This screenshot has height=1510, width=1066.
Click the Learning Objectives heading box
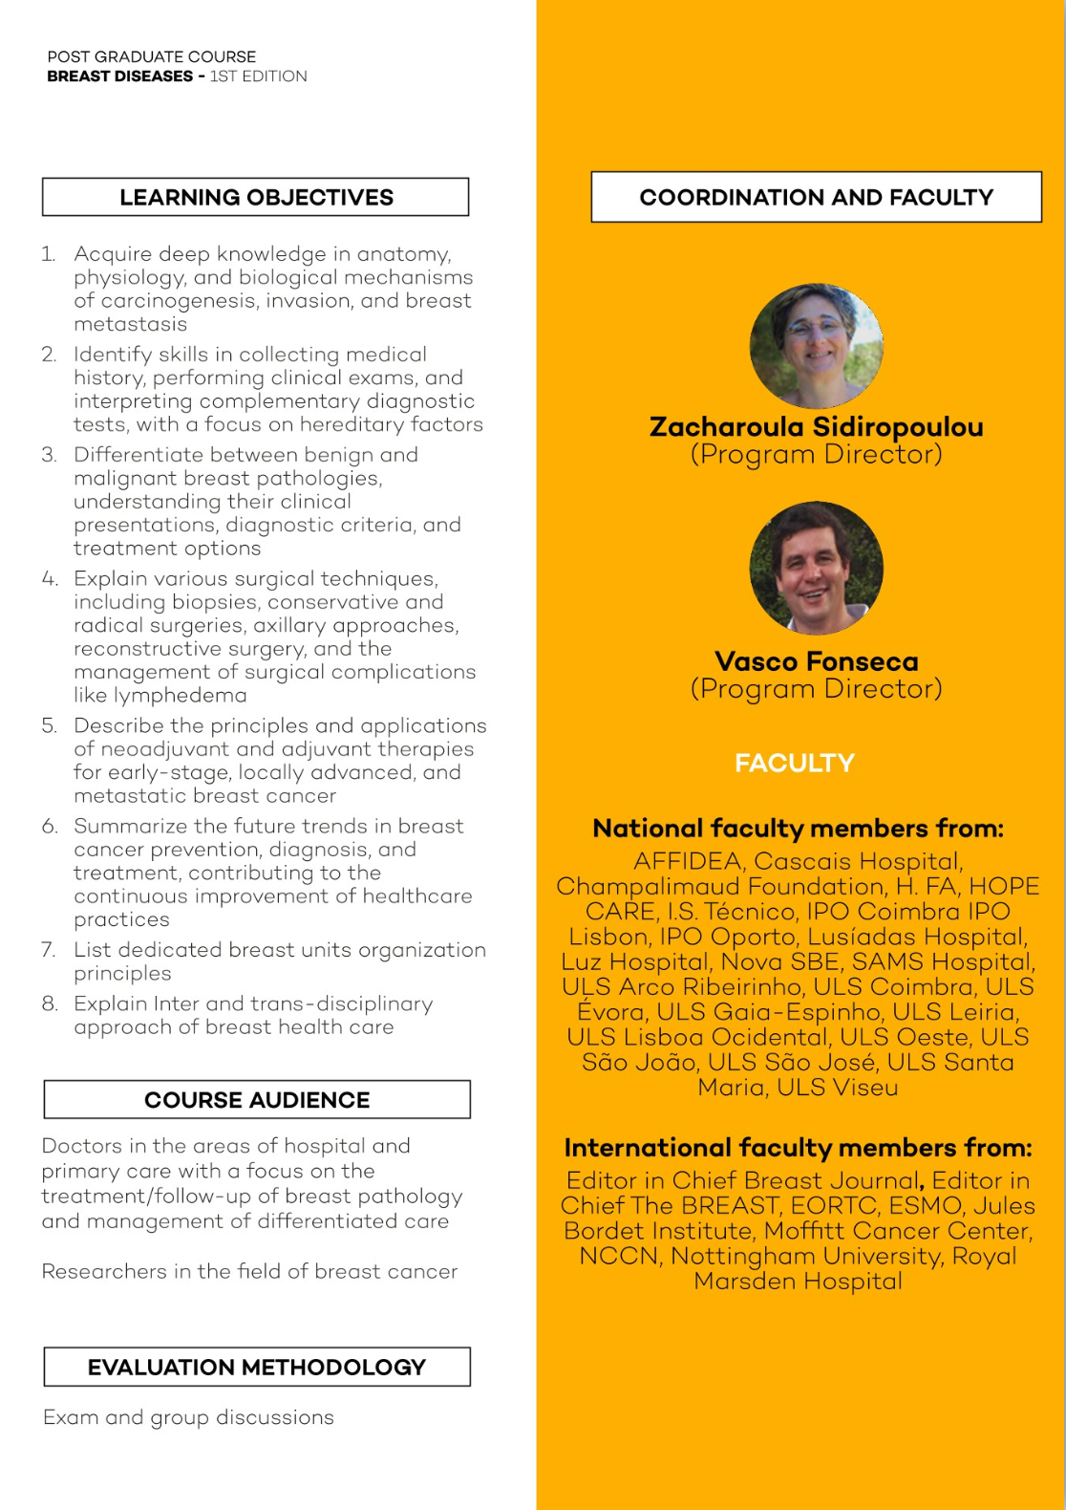tap(256, 197)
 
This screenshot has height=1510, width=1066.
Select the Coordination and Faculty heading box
tap(816, 197)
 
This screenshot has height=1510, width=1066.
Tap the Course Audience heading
tap(257, 1100)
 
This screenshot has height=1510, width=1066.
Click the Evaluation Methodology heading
tap(257, 1367)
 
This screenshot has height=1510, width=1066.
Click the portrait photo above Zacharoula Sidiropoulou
tap(817, 346)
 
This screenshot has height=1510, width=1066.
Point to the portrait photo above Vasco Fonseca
tap(817, 568)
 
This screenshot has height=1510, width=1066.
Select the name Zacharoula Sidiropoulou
tap(817, 426)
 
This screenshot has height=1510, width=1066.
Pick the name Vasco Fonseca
tap(817, 661)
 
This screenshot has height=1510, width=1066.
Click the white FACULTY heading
tap(795, 763)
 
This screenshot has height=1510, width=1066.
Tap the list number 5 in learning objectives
tap(49, 725)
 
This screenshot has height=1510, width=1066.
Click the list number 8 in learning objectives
tap(49, 1003)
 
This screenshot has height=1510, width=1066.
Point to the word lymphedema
tap(160, 696)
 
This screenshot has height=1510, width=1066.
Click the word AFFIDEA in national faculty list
tap(688, 861)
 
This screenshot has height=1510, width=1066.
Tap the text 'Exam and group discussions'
tap(188, 1417)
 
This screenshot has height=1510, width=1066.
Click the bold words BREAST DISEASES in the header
tap(119, 76)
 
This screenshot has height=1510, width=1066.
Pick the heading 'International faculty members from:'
tap(798, 1147)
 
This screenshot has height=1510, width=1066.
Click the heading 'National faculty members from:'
tap(798, 828)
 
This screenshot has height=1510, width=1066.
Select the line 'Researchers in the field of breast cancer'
tap(249, 1271)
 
